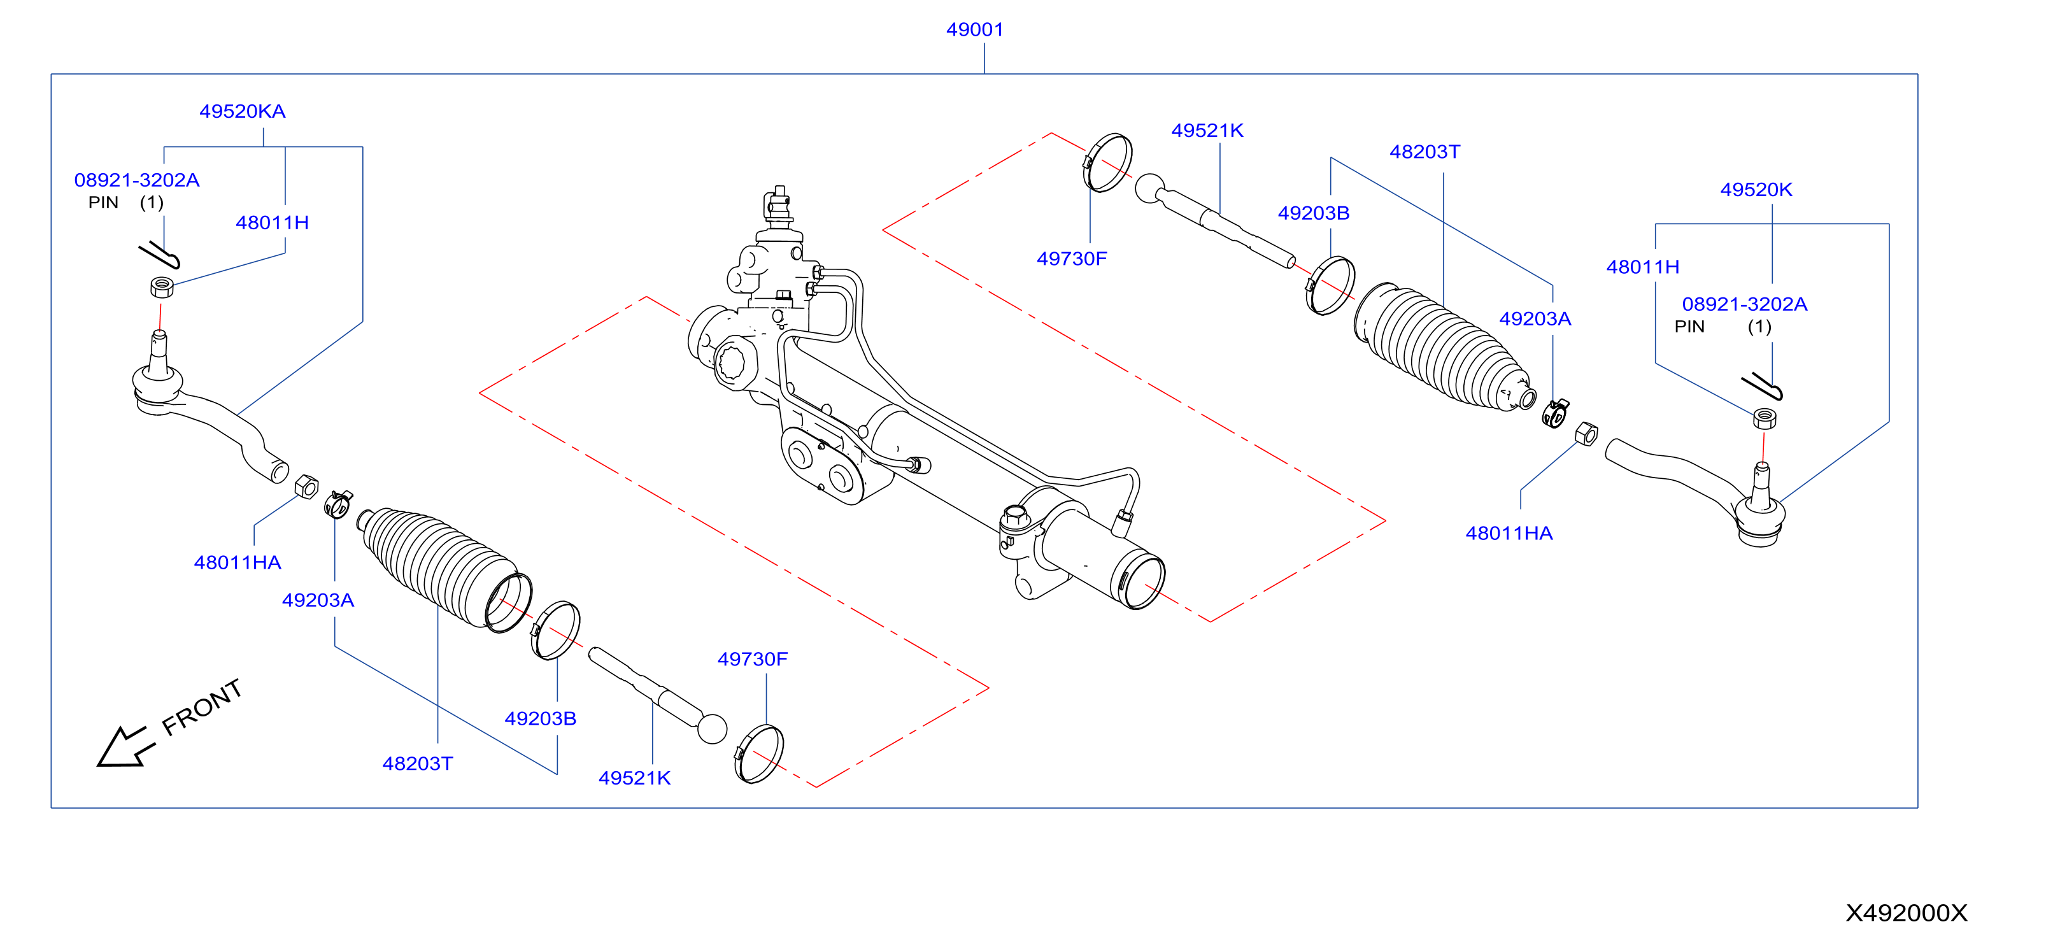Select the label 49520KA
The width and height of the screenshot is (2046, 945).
click(242, 111)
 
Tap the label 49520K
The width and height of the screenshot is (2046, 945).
click(1756, 190)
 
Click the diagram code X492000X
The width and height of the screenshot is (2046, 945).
click(1906, 913)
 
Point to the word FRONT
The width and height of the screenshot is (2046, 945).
click(202, 707)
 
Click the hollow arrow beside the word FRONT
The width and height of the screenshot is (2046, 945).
click(125, 746)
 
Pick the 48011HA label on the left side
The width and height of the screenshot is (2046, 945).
click(238, 563)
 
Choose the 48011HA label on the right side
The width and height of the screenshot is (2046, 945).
click(1509, 534)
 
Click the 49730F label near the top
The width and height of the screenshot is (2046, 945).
click(1072, 259)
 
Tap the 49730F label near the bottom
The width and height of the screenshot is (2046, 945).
click(752, 659)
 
